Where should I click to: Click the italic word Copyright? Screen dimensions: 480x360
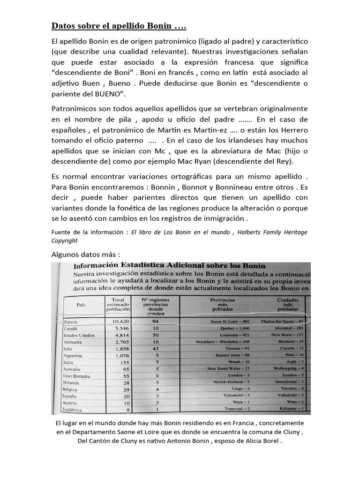[x=64, y=240]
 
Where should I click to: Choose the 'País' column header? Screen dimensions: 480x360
[x=81, y=305]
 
